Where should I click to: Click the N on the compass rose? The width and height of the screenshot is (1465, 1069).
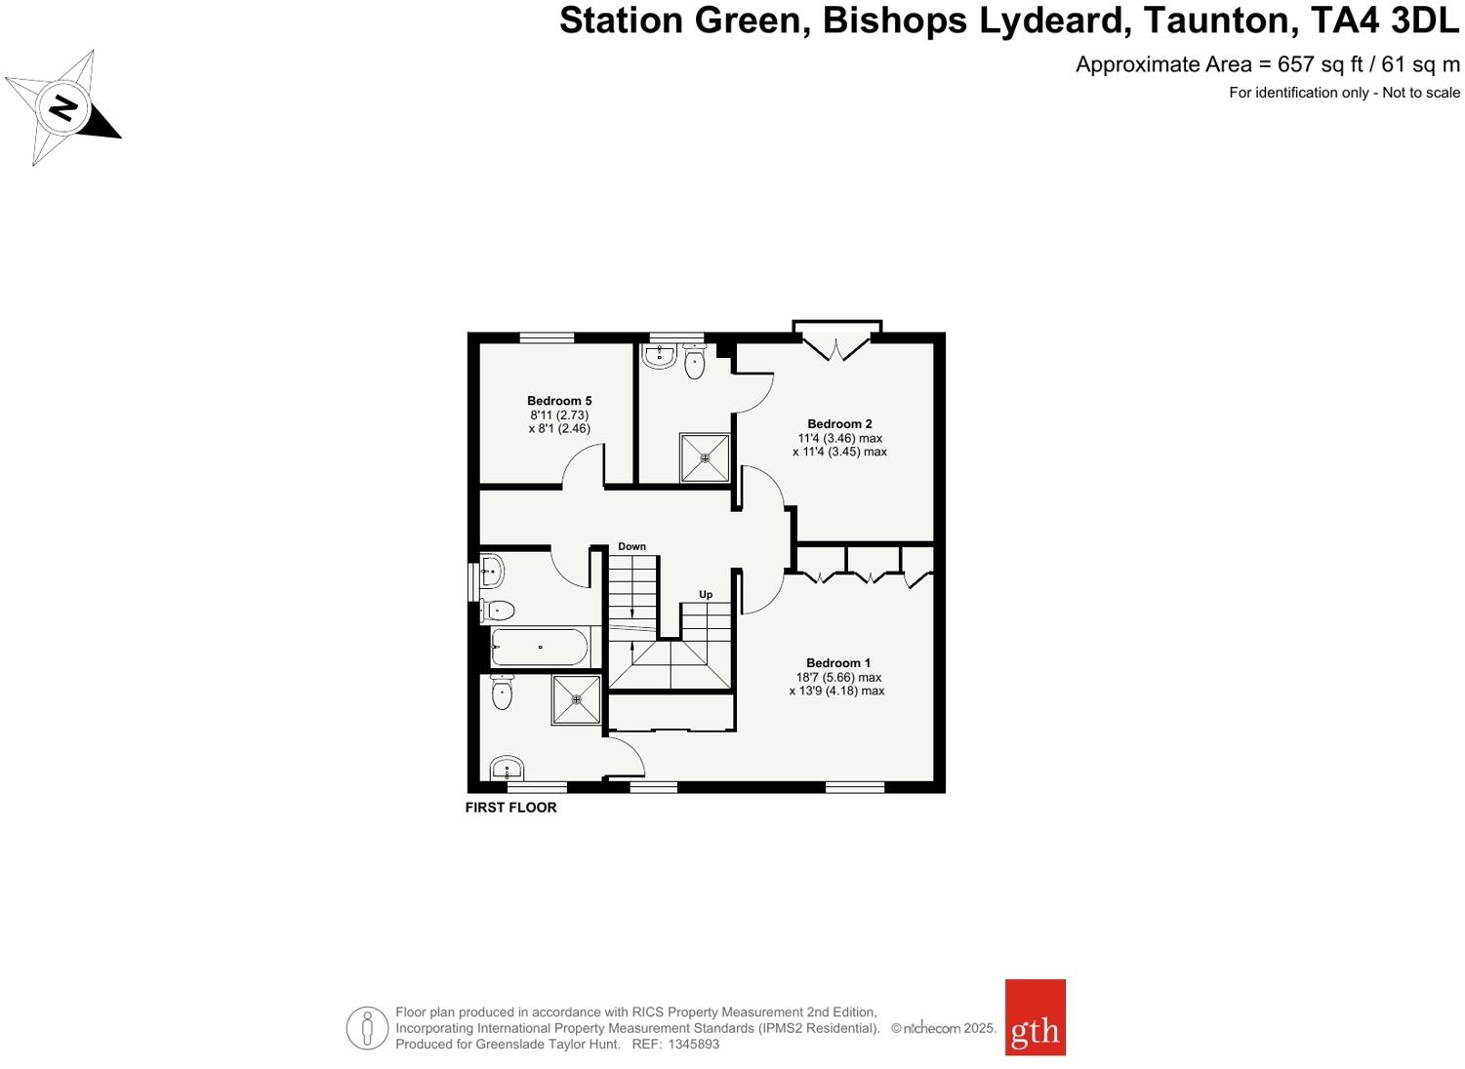click(63, 106)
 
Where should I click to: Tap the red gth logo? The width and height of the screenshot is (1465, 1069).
click(1035, 1017)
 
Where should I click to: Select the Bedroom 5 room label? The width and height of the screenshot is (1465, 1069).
click(559, 401)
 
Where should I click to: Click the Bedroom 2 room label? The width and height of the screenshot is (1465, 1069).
click(839, 424)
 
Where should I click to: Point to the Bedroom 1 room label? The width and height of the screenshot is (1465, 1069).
click(838, 663)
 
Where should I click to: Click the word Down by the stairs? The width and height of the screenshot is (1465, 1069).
click(631, 547)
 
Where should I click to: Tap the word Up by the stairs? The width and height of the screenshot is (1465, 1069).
click(705, 595)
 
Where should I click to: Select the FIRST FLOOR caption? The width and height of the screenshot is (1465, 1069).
click(510, 808)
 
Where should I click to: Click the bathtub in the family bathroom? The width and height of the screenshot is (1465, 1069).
click(540, 647)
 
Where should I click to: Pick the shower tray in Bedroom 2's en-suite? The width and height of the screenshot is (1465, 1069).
click(705, 457)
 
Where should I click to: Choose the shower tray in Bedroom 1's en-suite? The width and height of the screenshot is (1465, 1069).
click(576, 699)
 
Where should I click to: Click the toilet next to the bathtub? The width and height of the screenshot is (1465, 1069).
click(498, 611)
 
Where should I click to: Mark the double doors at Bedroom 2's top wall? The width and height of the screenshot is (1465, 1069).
click(836, 345)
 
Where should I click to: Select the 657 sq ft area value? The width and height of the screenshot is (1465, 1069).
click(1320, 64)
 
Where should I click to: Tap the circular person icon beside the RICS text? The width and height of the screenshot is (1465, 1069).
click(367, 1028)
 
